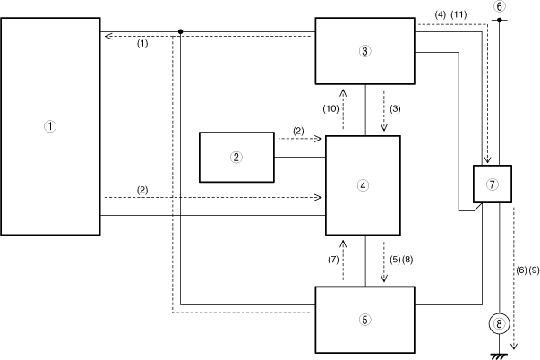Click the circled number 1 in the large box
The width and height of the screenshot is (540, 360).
click(x=50, y=126)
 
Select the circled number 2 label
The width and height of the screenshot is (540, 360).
click(x=236, y=156)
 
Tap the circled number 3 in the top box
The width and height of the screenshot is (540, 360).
click(x=364, y=51)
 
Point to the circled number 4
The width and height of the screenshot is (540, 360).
click(x=363, y=185)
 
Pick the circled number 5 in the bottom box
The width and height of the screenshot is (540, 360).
click(x=364, y=319)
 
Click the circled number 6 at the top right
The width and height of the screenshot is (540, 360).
click(x=499, y=7)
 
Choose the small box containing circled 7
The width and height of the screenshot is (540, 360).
click(x=491, y=185)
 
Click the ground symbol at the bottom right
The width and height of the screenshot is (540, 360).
click(x=499, y=356)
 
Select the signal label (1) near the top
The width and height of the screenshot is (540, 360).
click(x=142, y=43)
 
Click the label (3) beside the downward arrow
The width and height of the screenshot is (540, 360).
click(x=395, y=108)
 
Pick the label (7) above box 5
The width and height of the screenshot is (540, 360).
click(x=330, y=260)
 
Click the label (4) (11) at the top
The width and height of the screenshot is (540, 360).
click(x=449, y=13)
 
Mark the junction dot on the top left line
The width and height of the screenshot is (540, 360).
click(x=181, y=31)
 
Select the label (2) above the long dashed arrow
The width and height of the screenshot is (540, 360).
click(x=142, y=190)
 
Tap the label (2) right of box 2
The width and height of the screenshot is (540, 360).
click(x=297, y=131)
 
